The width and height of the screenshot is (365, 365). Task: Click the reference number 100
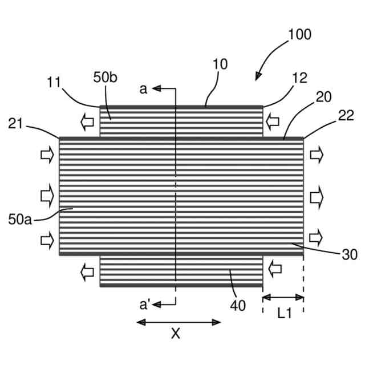click(x=300, y=34)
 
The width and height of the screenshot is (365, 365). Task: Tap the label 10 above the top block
click(x=220, y=64)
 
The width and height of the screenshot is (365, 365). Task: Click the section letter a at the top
click(x=143, y=88)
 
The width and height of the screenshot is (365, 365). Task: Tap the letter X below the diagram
click(x=176, y=334)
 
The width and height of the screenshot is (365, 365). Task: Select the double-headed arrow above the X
click(x=179, y=322)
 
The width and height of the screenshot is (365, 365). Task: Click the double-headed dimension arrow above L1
click(x=283, y=297)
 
